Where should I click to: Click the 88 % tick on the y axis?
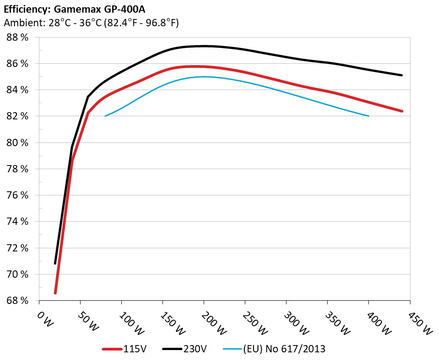point(18,38)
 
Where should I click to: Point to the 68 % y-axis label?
point(18,301)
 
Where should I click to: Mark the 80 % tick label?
point(18,143)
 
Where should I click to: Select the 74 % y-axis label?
point(18,222)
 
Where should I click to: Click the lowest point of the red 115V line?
point(55,293)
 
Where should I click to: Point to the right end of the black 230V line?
point(401,75)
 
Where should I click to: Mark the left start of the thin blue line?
point(105,116)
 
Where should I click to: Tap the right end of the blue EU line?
point(369,116)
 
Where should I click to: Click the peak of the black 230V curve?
point(204,46)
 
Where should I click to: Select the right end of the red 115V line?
point(401,111)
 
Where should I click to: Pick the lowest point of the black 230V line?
point(55,263)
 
